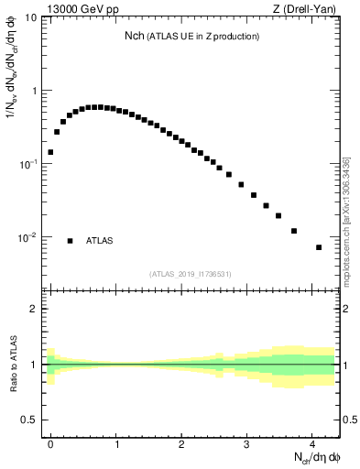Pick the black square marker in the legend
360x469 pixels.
coord(70,241)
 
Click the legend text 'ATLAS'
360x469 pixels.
coord(100,241)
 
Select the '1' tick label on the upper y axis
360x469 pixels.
coord(34,91)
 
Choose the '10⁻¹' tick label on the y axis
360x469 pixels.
coord(27,163)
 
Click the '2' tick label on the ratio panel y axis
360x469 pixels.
coord(34,309)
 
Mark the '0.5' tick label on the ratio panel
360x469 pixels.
coord(29,420)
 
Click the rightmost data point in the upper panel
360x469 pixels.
coord(319,247)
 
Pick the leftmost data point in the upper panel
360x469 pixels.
coord(50,152)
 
